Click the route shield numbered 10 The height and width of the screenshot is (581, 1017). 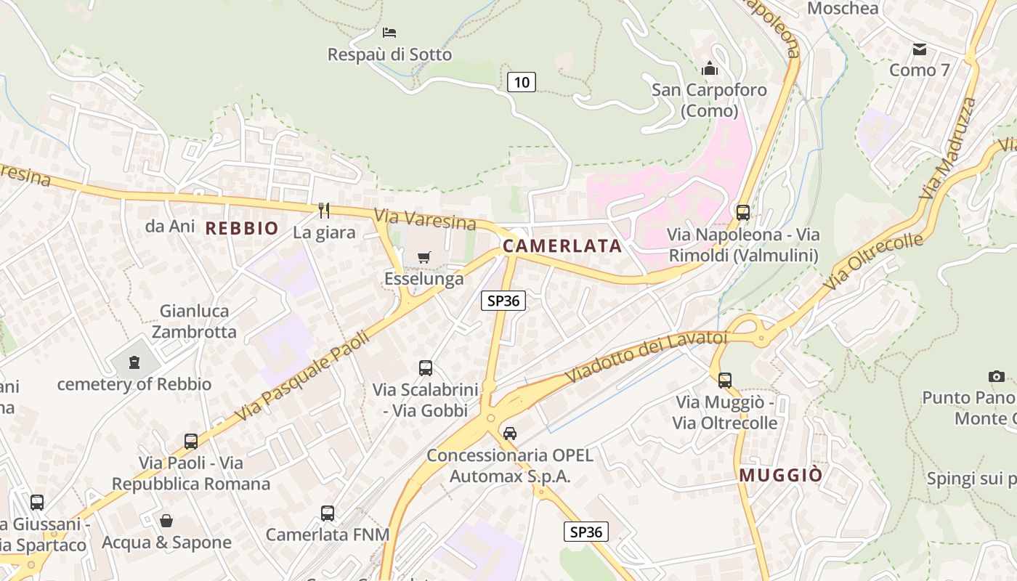coord(521,82)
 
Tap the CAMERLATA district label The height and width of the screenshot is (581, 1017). coord(562,245)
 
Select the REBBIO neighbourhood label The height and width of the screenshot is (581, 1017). coord(242,228)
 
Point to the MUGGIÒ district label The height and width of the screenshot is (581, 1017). coord(781,475)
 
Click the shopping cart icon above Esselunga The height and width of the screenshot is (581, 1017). coord(424,257)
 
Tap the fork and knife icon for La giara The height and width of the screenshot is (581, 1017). coord(324,211)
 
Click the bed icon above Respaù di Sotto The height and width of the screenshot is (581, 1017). coord(389,33)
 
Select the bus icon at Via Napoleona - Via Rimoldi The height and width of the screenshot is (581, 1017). coord(742,213)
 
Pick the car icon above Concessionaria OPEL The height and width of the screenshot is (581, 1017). coord(510,434)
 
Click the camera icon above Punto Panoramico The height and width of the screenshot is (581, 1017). coord(996,376)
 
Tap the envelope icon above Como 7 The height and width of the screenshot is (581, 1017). coord(920,49)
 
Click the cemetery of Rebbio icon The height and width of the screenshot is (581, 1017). coord(134,362)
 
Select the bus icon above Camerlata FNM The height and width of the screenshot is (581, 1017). coord(328,513)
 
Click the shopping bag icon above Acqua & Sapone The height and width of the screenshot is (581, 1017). coord(166,521)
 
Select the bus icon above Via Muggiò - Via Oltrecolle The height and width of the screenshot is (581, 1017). coord(724,380)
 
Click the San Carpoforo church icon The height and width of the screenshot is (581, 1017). coord(709,69)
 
